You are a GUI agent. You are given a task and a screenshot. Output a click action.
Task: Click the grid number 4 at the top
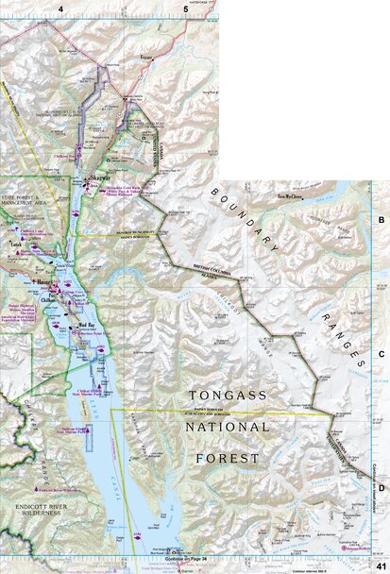(61, 8)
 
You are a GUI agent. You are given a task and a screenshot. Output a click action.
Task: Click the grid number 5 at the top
(186, 8)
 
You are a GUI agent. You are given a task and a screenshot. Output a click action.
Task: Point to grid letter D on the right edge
(382, 488)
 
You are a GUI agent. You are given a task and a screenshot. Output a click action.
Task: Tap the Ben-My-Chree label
(290, 197)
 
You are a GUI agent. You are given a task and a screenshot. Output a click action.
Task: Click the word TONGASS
(227, 396)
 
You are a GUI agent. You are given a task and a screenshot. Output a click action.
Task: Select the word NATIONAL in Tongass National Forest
(227, 427)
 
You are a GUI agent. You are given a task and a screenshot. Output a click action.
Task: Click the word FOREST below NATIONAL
(227, 458)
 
